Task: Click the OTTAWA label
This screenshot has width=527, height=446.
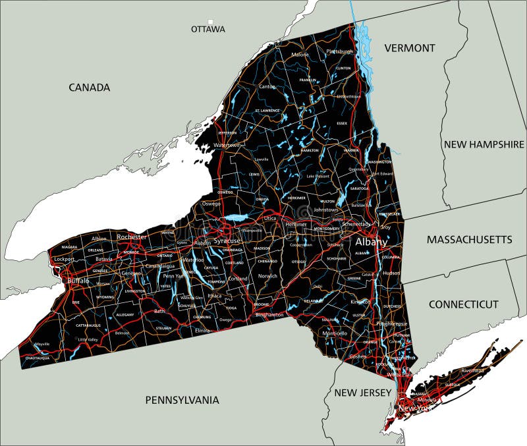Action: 208,30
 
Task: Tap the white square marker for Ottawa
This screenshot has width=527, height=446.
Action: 211,22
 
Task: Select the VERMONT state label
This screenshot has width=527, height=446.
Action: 410,48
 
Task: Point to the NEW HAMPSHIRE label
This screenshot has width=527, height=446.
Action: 484,144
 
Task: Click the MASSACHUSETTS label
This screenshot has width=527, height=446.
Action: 469,239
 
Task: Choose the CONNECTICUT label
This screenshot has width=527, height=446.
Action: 464,304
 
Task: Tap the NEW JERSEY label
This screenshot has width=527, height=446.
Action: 362,393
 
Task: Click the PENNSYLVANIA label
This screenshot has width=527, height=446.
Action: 182,400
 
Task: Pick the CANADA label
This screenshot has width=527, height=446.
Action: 89,88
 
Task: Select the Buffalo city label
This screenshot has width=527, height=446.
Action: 78,281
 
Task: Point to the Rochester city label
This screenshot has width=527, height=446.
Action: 132,237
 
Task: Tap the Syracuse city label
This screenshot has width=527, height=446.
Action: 227,241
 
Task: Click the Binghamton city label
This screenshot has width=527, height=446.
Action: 269,315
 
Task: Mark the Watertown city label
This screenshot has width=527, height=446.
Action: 226,145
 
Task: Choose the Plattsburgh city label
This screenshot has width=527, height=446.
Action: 340,51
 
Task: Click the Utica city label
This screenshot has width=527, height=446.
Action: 270,218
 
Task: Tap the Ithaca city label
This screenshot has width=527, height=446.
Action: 214,296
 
